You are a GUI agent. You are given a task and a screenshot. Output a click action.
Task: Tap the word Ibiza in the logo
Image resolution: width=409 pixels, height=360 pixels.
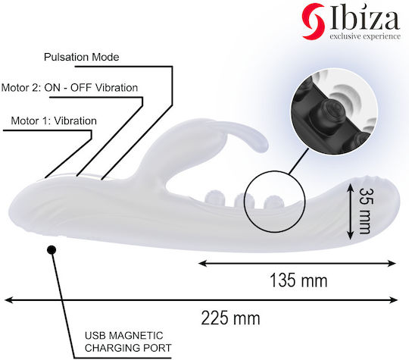(x=364, y=19)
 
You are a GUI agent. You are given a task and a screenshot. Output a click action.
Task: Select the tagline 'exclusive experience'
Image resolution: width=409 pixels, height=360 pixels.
(x=365, y=36)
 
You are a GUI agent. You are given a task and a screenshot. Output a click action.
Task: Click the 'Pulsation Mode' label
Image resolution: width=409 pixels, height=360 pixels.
(x=81, y=57)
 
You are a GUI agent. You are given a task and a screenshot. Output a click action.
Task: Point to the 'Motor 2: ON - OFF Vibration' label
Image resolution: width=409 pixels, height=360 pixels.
(x=70, y=88)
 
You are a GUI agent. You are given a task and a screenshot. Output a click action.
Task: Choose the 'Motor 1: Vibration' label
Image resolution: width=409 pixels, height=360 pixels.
(x=54, y=121)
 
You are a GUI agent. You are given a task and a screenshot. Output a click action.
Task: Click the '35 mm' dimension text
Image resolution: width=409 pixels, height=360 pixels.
(x=365, y=211)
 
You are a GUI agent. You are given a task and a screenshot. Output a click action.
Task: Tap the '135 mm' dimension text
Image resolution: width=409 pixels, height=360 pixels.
(x=298, y=280)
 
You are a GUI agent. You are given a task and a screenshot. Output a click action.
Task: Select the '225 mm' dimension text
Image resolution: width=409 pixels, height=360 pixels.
(x=230, y=318)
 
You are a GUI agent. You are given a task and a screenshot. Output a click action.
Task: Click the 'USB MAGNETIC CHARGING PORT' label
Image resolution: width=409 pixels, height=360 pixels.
(x=128, y=342)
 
